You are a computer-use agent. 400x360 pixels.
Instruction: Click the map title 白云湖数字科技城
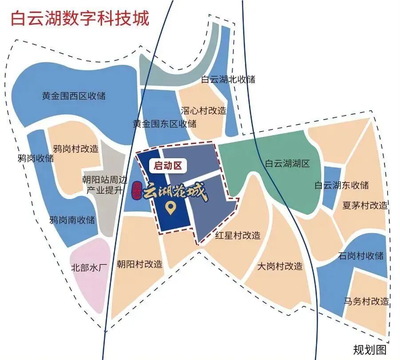pyautogui.click(x=80, y=19)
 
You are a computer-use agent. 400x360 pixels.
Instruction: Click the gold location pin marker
pyautogui.click(x=169, y=208)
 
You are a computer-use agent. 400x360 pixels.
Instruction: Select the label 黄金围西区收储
pyautogui.click(x=74, y=96)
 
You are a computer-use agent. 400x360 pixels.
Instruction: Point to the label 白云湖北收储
pyautogui.click(x=228, y=80)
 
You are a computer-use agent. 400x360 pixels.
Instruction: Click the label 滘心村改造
pyautogui.click(x=203, y=111)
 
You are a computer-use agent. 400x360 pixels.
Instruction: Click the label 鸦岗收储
pyautogui.click(x=36, y=158)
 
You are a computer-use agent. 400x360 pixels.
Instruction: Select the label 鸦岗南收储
pyautogui.click(x=72, y=220)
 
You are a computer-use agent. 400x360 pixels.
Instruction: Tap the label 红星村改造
pyautogui.click(x=238, y=235)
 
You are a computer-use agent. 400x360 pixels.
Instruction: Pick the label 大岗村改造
pyautogui.click(x=280, y=267)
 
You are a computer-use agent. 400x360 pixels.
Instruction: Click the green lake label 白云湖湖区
pyautogui.click(x=287, y=164)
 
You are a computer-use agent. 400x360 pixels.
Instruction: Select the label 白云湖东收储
pyautogui.click(x=341, y=185)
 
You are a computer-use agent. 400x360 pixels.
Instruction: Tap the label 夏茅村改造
pyautogui.click(x=365, y=206)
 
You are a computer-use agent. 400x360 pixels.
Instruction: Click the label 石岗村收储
pyautogui.click(x=360, y=256)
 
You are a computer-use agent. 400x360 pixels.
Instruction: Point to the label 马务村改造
pyautogui.click(x=366, y=301)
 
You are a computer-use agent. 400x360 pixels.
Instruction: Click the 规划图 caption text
pyautogui.click(x=370, y=350)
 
